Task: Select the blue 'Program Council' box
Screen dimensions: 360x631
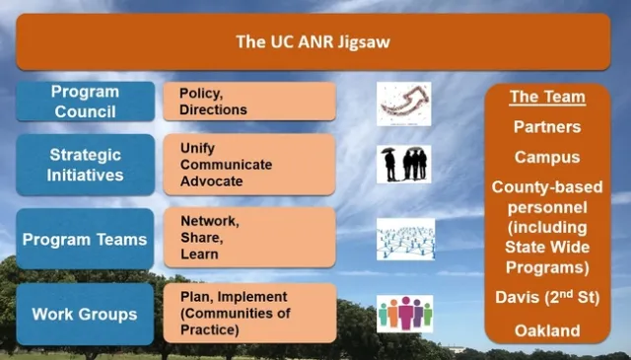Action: [86, 102]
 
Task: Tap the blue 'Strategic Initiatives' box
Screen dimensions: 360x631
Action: [86, 165]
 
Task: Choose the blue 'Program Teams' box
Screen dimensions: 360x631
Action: [86, 239]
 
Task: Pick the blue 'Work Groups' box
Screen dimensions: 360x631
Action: [86, 314]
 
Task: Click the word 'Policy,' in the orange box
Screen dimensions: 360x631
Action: [199, 93]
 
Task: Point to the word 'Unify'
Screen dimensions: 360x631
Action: [198, 147]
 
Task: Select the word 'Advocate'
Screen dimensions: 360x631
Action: [212, 181]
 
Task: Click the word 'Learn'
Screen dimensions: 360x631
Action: [199, 254]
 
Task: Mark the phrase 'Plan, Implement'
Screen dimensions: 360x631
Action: [234, 296]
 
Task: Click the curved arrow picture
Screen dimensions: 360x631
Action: [404, 103]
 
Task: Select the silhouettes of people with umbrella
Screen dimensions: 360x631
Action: [404, 164]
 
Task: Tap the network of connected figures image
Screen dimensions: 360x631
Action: [404, 239]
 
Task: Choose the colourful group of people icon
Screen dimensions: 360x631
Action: [404, 314]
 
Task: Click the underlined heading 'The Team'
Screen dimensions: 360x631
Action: [547, 97]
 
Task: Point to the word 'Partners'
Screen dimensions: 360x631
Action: [547, 127]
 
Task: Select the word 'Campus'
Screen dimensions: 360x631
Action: [547, 157]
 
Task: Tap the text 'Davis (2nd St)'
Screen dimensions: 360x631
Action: [547, 298]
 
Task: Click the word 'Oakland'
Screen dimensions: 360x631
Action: [547, 330]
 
